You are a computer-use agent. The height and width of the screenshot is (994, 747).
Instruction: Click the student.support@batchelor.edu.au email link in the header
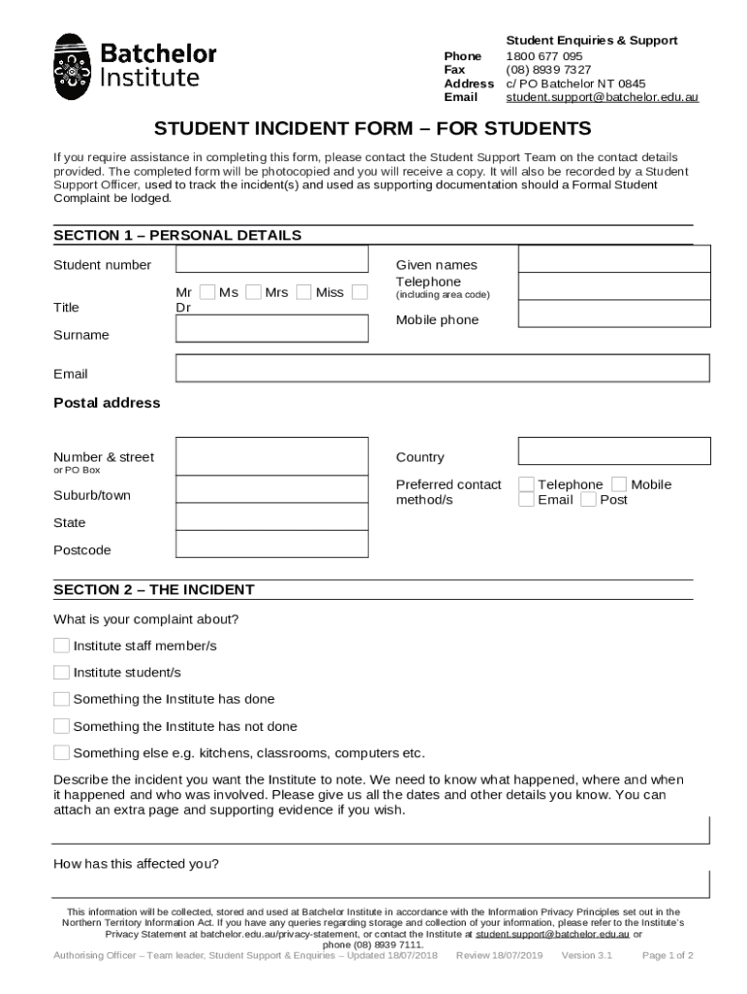click(601, 97)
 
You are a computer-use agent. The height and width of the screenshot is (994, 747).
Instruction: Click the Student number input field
click(272, 259)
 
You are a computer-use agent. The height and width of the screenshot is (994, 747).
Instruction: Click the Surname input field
click(272, 328)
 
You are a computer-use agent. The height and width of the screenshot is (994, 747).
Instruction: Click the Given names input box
click(614, 259)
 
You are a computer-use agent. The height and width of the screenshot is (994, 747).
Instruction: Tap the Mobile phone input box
click(614, 314)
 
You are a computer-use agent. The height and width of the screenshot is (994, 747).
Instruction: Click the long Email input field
click(442, 368)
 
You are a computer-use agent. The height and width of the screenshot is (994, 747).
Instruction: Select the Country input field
click(614, 451)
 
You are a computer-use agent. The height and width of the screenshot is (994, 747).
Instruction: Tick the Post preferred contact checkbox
click(588, 500)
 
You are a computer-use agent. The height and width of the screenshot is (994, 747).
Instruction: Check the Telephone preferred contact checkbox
click(526, 484)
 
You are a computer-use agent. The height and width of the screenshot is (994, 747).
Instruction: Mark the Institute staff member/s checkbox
click(61, 646)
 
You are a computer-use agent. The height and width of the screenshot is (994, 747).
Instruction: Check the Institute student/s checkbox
click(61, 672)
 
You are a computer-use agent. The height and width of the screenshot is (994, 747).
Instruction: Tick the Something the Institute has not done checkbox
click(61, 726)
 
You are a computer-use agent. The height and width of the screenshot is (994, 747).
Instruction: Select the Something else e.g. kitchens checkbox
click(61, 752)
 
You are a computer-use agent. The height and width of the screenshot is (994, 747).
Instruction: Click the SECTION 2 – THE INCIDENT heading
click(154, 589)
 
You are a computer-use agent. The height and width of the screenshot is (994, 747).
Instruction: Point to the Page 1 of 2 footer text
click(667, 955)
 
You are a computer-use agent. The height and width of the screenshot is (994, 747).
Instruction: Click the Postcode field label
click(82, 550)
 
